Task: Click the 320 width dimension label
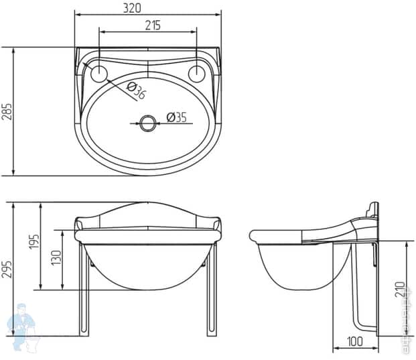click(147, 8)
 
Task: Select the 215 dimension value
click(151, 25)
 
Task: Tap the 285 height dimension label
click(7, 111)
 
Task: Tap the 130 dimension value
click(56, 258)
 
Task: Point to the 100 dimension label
click(355, 342)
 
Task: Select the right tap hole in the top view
click(197, 73)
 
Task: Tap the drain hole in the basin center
click(147, 123)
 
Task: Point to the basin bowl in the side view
click(295, 268)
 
